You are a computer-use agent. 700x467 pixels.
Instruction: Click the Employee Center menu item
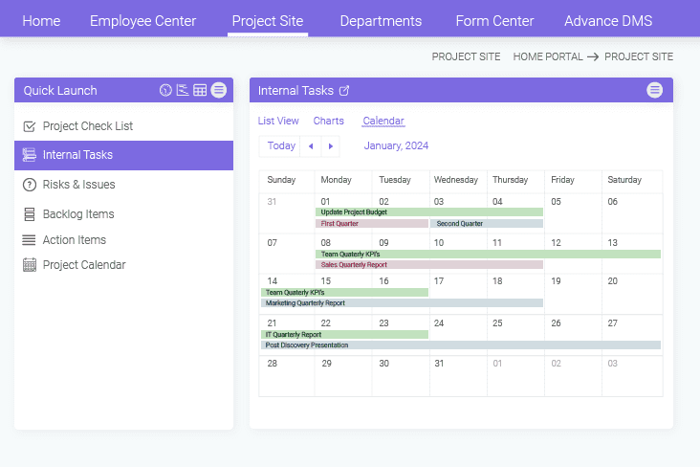point(142,21)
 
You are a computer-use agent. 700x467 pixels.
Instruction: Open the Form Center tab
point(494,21)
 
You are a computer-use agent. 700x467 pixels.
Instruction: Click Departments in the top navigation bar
point(381,21)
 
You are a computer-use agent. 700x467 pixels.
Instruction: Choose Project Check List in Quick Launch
point(87,126)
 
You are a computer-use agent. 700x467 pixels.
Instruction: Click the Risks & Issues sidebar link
point(78,185)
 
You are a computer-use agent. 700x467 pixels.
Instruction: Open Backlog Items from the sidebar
point(77,214)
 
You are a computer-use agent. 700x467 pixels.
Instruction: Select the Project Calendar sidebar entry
point(83,265)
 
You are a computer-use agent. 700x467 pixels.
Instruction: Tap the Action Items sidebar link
point(74,240)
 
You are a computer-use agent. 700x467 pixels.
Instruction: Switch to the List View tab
point(278,122)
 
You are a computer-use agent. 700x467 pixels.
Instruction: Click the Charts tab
point(328,122)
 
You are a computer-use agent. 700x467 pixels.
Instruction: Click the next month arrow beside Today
point(331,146)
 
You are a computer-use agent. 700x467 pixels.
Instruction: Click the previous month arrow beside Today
point(310,146)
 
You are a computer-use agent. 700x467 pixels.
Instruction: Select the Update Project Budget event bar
point(428,212)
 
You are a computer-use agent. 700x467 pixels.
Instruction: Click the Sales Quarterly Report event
point(428,265)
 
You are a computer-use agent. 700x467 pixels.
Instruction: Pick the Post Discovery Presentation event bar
point(460,345)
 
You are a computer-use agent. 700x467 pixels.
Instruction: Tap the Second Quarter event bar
point(486,224)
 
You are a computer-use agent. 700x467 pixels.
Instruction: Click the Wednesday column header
point(455,180)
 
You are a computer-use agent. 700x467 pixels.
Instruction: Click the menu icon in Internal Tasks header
point(654,90)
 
